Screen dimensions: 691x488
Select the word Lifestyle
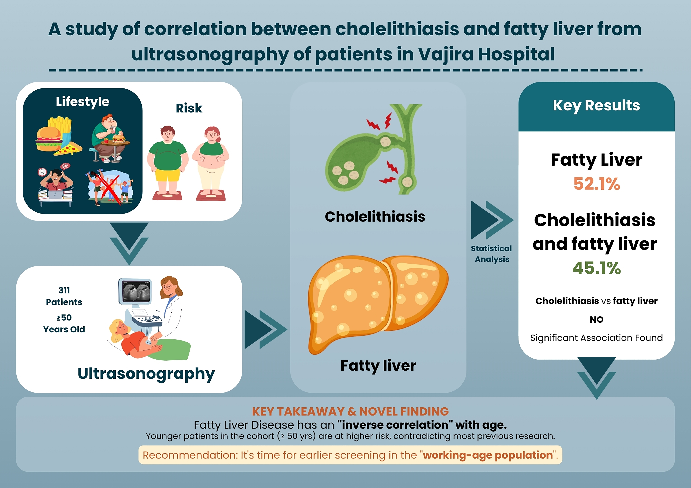point(82,102)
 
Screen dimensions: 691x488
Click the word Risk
point(189,108)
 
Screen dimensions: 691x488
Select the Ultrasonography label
point(146,374)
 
